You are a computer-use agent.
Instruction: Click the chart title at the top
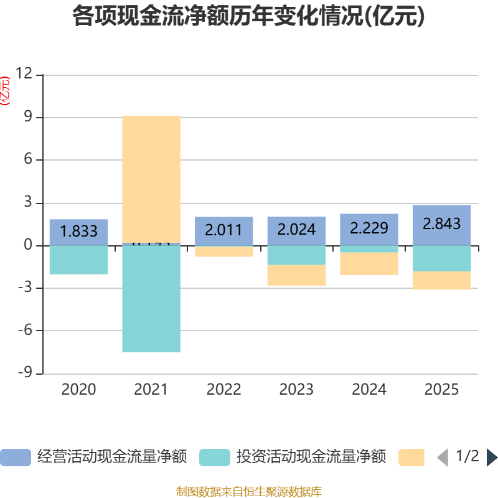(x=248, y=17)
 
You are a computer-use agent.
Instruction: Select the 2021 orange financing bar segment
(x=151, y=179)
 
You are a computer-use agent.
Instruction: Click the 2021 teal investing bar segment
(x=151, y=299)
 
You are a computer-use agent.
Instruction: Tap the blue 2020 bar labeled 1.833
(x=79, y=232)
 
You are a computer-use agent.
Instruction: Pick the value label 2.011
(x=224, y=230)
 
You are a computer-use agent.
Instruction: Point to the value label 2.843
(x=442, y=223)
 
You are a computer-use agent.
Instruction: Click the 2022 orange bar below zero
(x=224, y=251)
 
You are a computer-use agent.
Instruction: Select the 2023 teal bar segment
(x=296, y=255)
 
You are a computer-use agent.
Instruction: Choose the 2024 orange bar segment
(x=369, y=263)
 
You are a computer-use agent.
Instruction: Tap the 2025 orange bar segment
(x=442, y=281)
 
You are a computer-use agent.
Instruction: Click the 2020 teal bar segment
(x=79, y=260)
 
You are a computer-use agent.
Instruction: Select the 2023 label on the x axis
(x=296, y=390)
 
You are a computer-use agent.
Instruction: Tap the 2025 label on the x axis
(x=442, y=390)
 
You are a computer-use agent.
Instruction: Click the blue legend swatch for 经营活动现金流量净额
(x=16, y=458)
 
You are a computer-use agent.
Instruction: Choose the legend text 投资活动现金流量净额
(x=311, y=458)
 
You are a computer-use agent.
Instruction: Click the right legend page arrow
(x=492, y=458)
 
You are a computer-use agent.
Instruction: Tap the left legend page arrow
(x=443, y=458)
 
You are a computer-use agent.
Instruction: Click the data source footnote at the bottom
(x=249, y=491)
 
